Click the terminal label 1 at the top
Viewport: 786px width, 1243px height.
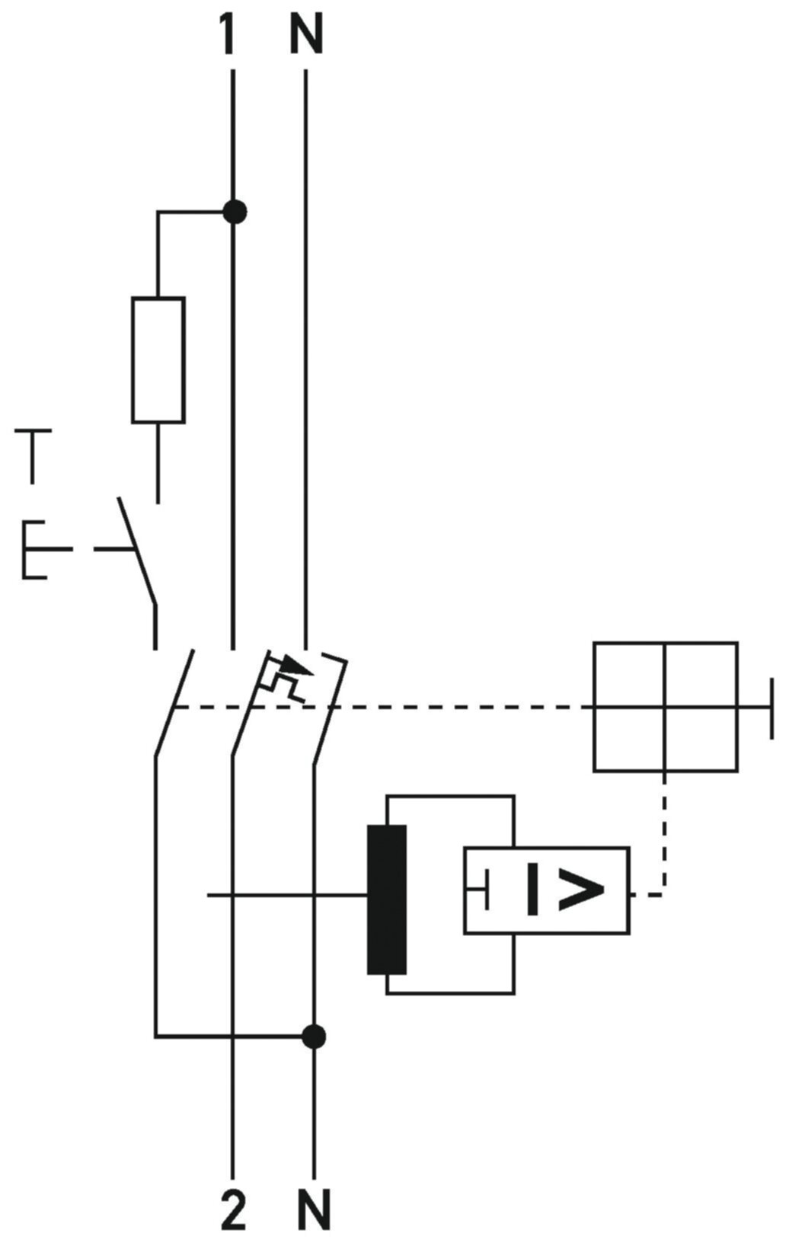coord(228,36)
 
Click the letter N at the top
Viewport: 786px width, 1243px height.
coord(306,36)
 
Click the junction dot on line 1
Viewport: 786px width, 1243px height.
coord(235,212)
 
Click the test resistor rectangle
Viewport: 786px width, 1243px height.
coord(158,360)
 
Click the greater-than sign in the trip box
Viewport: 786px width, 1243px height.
coord(581,894)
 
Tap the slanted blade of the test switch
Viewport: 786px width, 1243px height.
coord(137,552)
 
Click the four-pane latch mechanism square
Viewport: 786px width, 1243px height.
coord(666,707)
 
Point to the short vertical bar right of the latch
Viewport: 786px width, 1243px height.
coord(772,708)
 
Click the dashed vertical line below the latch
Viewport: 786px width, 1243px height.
coord(665,833)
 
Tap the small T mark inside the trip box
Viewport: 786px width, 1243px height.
coord(478,890)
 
